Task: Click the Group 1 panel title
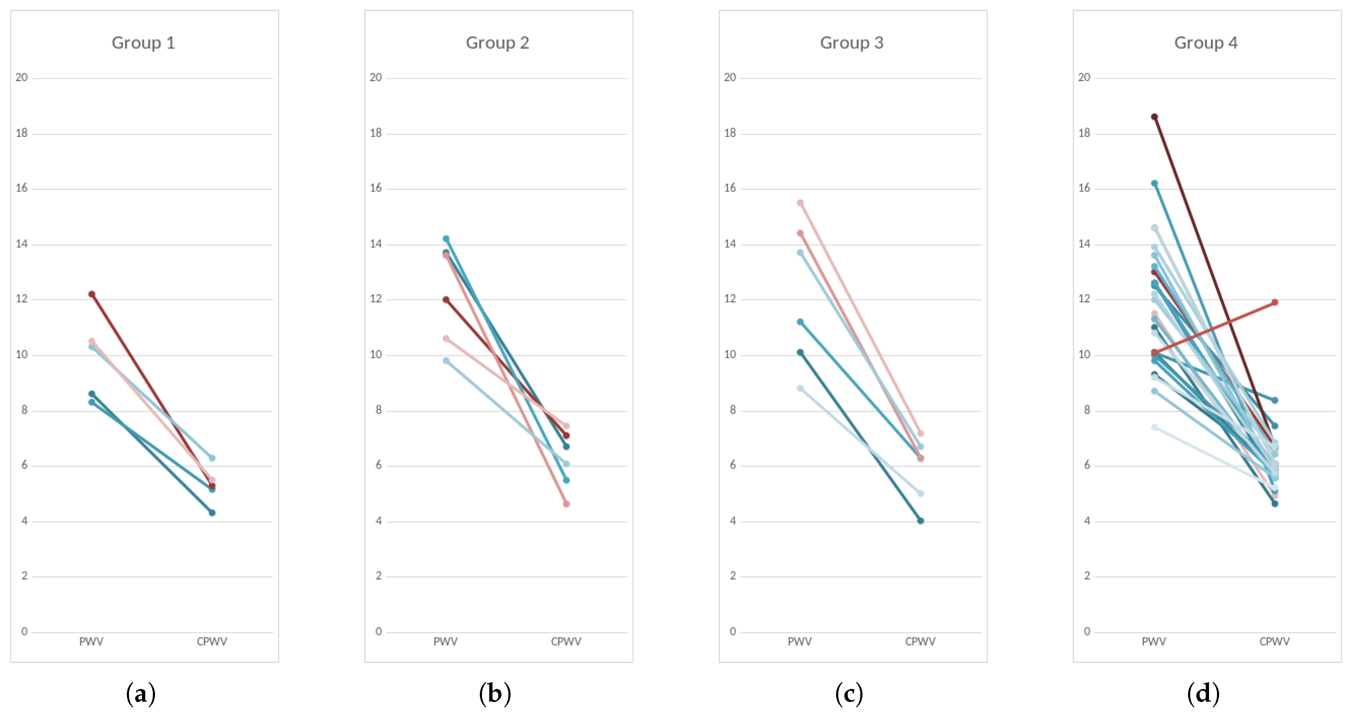(x=143, y=43)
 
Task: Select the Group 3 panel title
(x=851, y=43)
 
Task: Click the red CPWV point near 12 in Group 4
(x=1274, y=302)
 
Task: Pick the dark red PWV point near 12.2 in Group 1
(x=92, y=294)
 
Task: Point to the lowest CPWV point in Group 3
(x=920, y=521)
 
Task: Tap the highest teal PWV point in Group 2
(x=446, y=239)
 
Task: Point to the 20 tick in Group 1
(x=22, y=78)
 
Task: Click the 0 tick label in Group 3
(x=733, y=631)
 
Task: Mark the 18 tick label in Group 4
(x=1084, y=133)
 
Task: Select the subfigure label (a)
(x=141, y=694)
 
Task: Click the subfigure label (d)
(x=1203, y=694)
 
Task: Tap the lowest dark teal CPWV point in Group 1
(x=212, y=513)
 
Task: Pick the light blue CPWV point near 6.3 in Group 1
(x=212, y=458)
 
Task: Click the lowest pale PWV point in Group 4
(x=1154, y=427)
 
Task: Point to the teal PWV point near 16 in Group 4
(x=1154, y=183)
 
